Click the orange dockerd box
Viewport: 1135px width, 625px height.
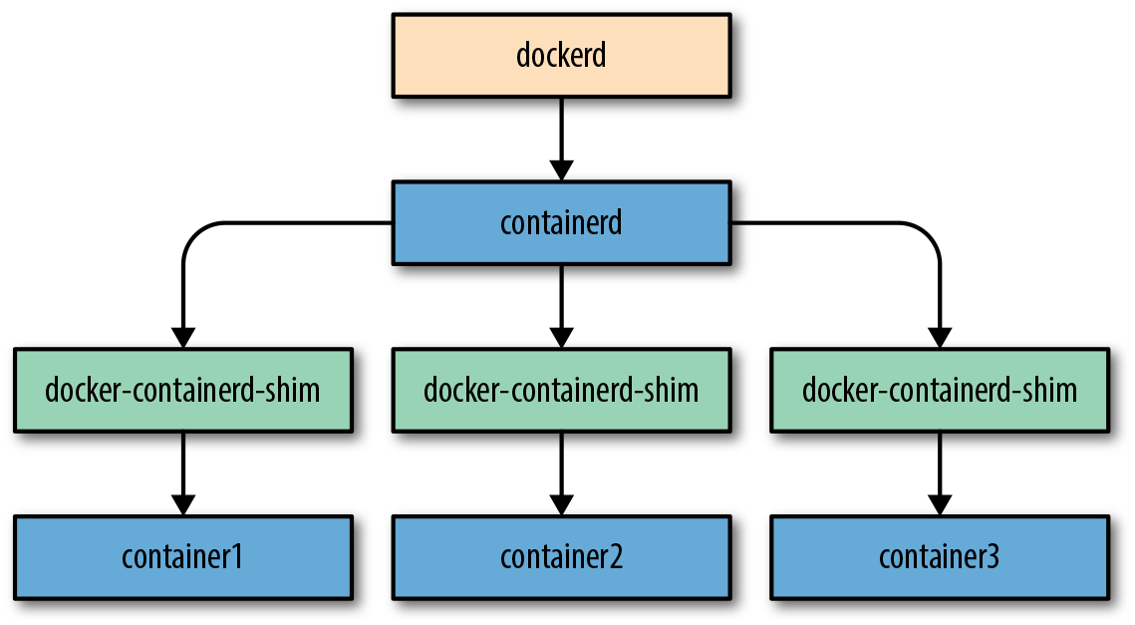561,55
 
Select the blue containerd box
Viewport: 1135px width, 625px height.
561,222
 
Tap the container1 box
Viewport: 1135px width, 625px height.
182,556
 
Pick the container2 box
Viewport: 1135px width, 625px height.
561,556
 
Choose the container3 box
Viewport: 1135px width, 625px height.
939,556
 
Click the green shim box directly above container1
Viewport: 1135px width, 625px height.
182,389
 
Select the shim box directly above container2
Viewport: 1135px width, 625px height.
561,389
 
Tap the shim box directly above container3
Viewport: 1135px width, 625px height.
939,389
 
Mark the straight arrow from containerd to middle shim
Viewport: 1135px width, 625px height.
561,304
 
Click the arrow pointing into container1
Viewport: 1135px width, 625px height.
182,472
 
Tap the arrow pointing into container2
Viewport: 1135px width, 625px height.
561,472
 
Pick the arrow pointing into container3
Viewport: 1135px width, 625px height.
939,472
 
